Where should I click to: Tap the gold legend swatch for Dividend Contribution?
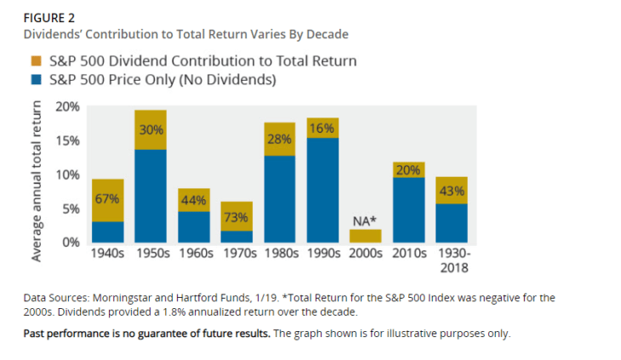37,61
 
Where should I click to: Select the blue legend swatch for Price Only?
37,81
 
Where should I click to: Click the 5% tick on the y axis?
71,209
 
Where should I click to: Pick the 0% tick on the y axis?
71,243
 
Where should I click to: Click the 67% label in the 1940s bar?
107,199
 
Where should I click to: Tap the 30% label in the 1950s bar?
151,130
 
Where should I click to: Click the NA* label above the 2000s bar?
364,221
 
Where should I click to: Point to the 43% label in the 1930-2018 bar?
451,191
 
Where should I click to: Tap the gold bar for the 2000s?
365,236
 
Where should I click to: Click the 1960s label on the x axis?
193,253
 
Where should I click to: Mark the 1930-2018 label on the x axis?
451,259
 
